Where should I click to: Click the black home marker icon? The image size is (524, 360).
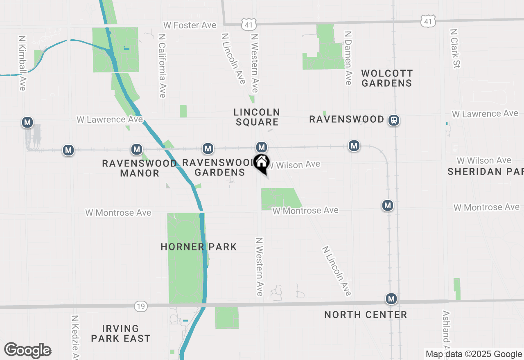click(x=261, y=162)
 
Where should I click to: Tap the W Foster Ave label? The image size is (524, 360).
click(x=190, y=25)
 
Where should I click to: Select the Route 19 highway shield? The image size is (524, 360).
click(x=140, y=306)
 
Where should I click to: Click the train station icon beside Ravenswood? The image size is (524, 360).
click(x=394, y=120)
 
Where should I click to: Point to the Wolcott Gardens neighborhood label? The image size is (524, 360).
click(x=387, y=78)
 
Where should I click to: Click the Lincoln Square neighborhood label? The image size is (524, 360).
click(x=257, y=117)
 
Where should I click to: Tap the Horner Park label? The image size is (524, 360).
click(x=199, y=247)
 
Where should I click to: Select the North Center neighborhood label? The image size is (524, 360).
click(x=366, y=315)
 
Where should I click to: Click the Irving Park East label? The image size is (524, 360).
click(x=120, y=333)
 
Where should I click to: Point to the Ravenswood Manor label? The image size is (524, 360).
click(x=140, y=168)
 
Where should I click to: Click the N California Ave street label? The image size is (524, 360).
click(x=162, y=65)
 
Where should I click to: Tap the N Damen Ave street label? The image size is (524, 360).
click(x=348, y=58)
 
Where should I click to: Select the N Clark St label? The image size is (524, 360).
click(x=455, y=48)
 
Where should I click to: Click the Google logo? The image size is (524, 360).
click(x=27, y=350)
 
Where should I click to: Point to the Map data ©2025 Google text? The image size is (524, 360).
click(x=474, y=354)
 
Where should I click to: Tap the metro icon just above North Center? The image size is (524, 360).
click(x=391, y=299)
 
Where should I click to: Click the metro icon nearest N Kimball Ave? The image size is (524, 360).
click(x=27, y=122)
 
